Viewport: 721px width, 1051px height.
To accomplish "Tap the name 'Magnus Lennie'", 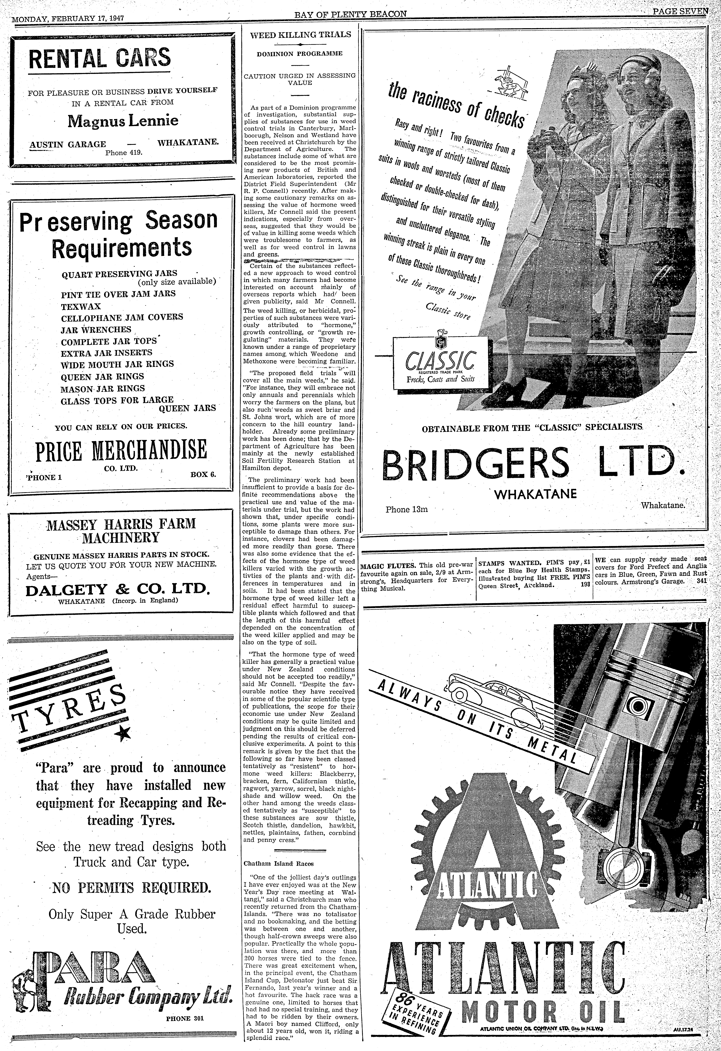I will click(123, 121).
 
